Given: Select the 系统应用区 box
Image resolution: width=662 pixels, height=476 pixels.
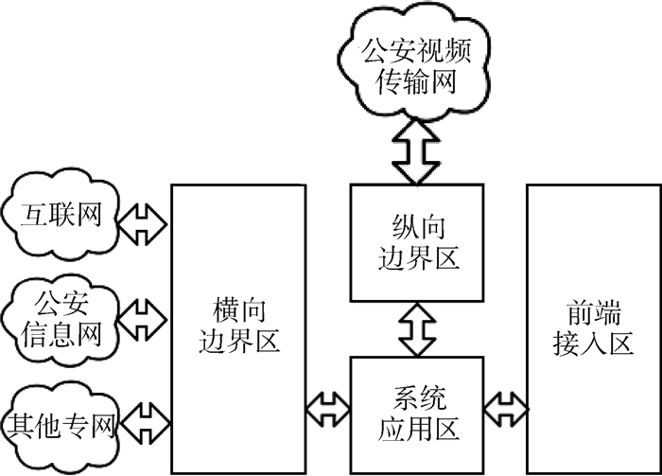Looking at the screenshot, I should pyautogui.click(x=417, y=413).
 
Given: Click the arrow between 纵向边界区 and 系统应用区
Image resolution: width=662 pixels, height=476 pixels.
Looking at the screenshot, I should pyautogui.click(x=416, y=328).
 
